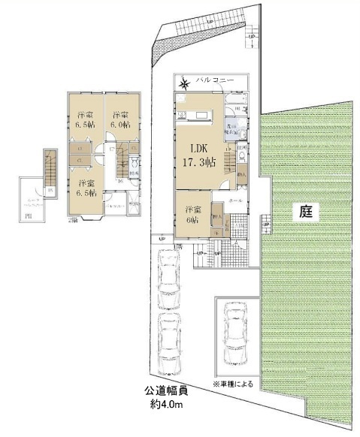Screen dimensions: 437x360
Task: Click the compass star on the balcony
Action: point(185,81)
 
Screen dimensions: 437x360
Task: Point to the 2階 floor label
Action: point(72,220)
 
